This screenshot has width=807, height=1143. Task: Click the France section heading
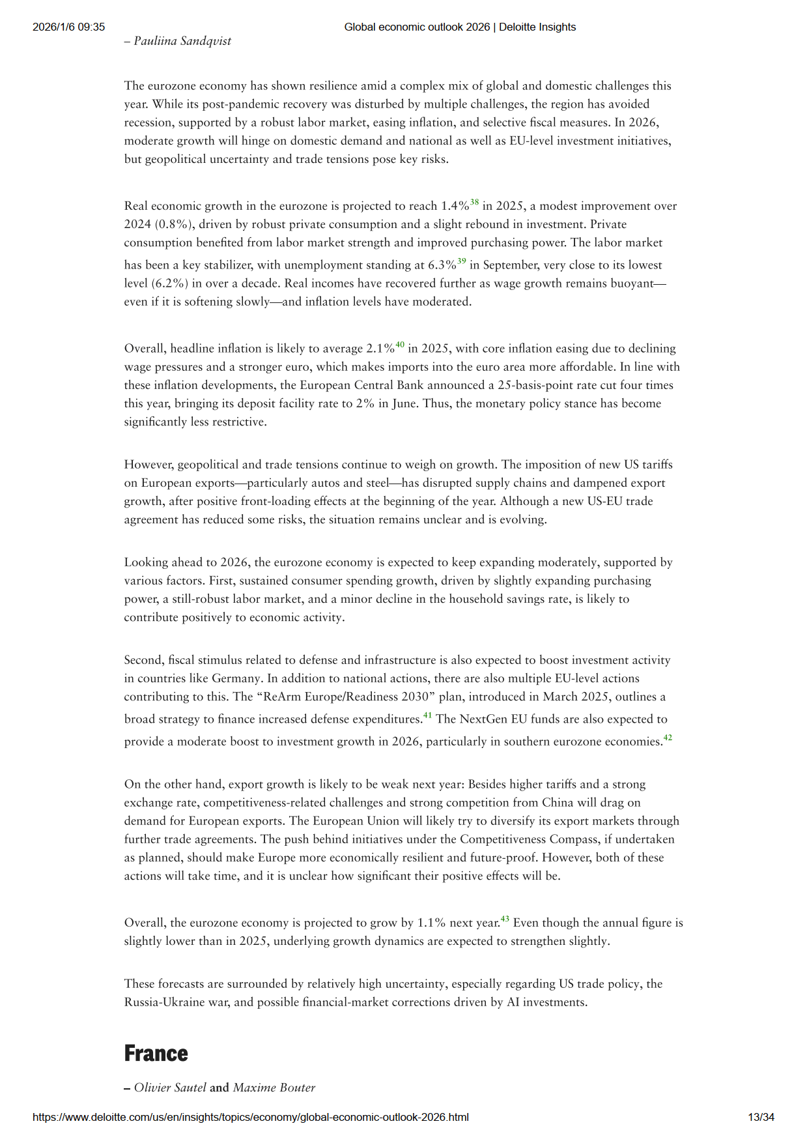tap(156, 1053)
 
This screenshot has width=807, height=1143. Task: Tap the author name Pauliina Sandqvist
tap(182, 41)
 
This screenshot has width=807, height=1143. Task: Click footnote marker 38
tap(474, 203)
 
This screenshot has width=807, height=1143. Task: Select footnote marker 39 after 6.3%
tap(461, 261)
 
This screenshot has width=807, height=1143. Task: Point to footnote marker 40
tap(400, 345)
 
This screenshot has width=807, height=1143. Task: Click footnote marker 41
tap(427, 716)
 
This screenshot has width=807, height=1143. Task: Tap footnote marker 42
tap(668, 738)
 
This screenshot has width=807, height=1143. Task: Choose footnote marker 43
tap(505, 919)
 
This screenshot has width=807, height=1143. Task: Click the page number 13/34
tap(761, 1117)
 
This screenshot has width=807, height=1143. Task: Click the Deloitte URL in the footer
tap(251, 1117)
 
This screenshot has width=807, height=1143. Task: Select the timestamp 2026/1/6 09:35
tap(69, 27)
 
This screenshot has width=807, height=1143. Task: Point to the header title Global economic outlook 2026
tap(417, 27)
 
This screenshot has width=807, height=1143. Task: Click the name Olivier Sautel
tap(170, 1088)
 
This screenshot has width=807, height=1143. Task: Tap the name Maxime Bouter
tap(274, 1088)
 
